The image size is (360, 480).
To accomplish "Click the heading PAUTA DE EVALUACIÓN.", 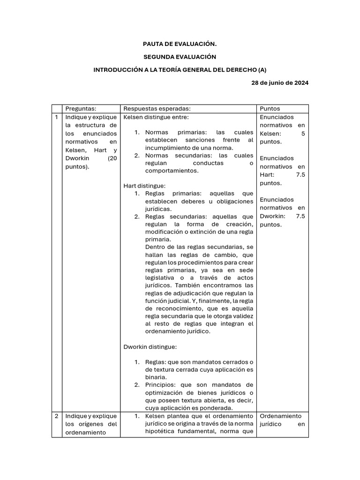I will click(x=180, y=44).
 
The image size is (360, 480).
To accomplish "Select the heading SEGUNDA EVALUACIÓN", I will click(x=180, y=57).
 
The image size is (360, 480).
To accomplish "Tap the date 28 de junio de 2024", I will click(x=280, y=82).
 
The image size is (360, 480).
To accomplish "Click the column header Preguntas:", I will click(x=81, y=108).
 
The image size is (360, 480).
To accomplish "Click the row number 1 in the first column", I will click(x=56, y=117).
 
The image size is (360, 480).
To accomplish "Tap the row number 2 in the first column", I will click(x=56, y=416).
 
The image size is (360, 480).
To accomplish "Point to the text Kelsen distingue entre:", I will click(x=156, y=117).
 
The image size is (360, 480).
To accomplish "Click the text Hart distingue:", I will click(x=142, y=186).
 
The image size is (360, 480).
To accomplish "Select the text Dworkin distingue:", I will click(x=150, y=347).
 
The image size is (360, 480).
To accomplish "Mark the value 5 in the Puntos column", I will click(x=303, y=134).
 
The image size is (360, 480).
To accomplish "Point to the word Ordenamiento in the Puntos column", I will click(x=281, y=416).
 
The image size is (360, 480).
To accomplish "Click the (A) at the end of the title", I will click(x=262, y=69).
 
